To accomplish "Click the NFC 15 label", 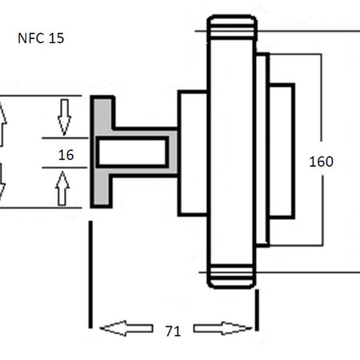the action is click(41, 38).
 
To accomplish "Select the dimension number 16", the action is click(66, 155).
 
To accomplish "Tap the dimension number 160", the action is click(321, 162).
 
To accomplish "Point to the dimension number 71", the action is click(173, 331).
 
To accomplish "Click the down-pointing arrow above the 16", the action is click(64, 117).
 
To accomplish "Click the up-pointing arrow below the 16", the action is click(63, 188).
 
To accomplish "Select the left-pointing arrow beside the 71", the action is click(126, 328).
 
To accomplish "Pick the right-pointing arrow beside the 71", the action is click(223, 328).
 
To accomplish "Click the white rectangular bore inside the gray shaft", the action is click(132, 152).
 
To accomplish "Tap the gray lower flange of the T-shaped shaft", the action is click(101, 190).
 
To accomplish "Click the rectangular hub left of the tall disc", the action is click(193, 153).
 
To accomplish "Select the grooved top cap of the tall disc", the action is click(232, 27).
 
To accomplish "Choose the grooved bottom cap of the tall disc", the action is click(232, 276).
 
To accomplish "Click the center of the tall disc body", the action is click(230, 152).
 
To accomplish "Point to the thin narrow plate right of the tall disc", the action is click(262, 149).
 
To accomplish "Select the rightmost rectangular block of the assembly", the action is click(282, 151).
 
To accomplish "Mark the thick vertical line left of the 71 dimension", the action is click(91, 275).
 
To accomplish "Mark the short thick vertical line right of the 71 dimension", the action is click(257, 310).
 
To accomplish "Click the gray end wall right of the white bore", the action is click(173, 152).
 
